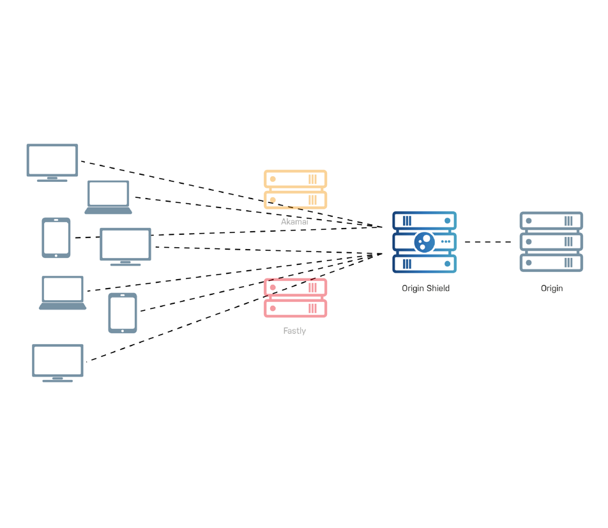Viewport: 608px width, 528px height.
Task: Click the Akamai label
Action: (294, 222)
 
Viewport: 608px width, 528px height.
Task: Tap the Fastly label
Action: (294, 331)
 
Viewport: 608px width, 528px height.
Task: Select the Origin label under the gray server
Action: (552, 289)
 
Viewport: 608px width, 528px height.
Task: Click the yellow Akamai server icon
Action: (295, 189)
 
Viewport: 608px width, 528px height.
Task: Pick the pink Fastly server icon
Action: (295, 298)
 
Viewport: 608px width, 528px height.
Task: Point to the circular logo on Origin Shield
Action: (424, 242)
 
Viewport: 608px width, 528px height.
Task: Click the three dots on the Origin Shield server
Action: (446, 242)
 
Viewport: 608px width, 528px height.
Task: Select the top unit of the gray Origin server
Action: (551, 221)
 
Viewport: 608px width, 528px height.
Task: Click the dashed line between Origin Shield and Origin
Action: (488, 242)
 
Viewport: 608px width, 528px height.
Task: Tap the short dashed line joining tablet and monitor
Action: (86, 238)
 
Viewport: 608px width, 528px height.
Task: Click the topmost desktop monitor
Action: (52, 160)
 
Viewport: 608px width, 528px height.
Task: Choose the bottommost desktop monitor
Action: (57, 361)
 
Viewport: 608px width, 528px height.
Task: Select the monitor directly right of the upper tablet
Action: (125, 245)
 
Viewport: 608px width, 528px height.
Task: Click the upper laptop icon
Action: (109, 196)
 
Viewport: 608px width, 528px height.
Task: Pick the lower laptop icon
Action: (63, 292)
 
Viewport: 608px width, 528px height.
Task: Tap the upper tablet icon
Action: (56, 238)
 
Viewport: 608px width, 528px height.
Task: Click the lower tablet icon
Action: (123, 312)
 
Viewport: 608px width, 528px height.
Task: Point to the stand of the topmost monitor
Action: (52, 179)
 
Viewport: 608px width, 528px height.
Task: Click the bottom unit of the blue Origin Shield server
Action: (424, 264)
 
